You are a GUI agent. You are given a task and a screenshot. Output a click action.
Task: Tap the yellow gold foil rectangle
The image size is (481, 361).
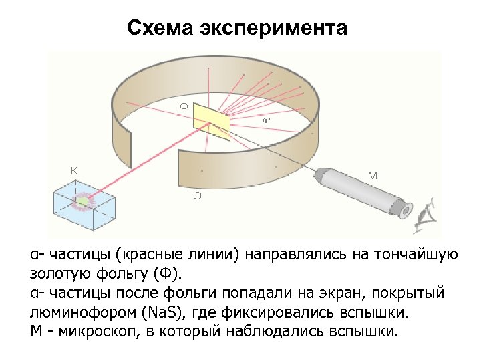(212, 121)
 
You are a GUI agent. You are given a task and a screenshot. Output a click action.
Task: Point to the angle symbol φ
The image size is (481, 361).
(265, 120)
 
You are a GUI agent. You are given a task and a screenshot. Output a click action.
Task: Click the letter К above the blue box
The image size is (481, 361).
(75, 170)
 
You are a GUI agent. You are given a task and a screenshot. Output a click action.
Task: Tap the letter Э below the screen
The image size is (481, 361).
(198, 195)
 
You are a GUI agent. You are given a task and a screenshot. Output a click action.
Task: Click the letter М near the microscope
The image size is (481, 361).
(373, 176)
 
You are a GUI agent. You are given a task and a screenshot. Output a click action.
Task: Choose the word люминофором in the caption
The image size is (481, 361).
(73, 312)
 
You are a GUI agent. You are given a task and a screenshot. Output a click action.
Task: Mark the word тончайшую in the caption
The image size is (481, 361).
(417, 254)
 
